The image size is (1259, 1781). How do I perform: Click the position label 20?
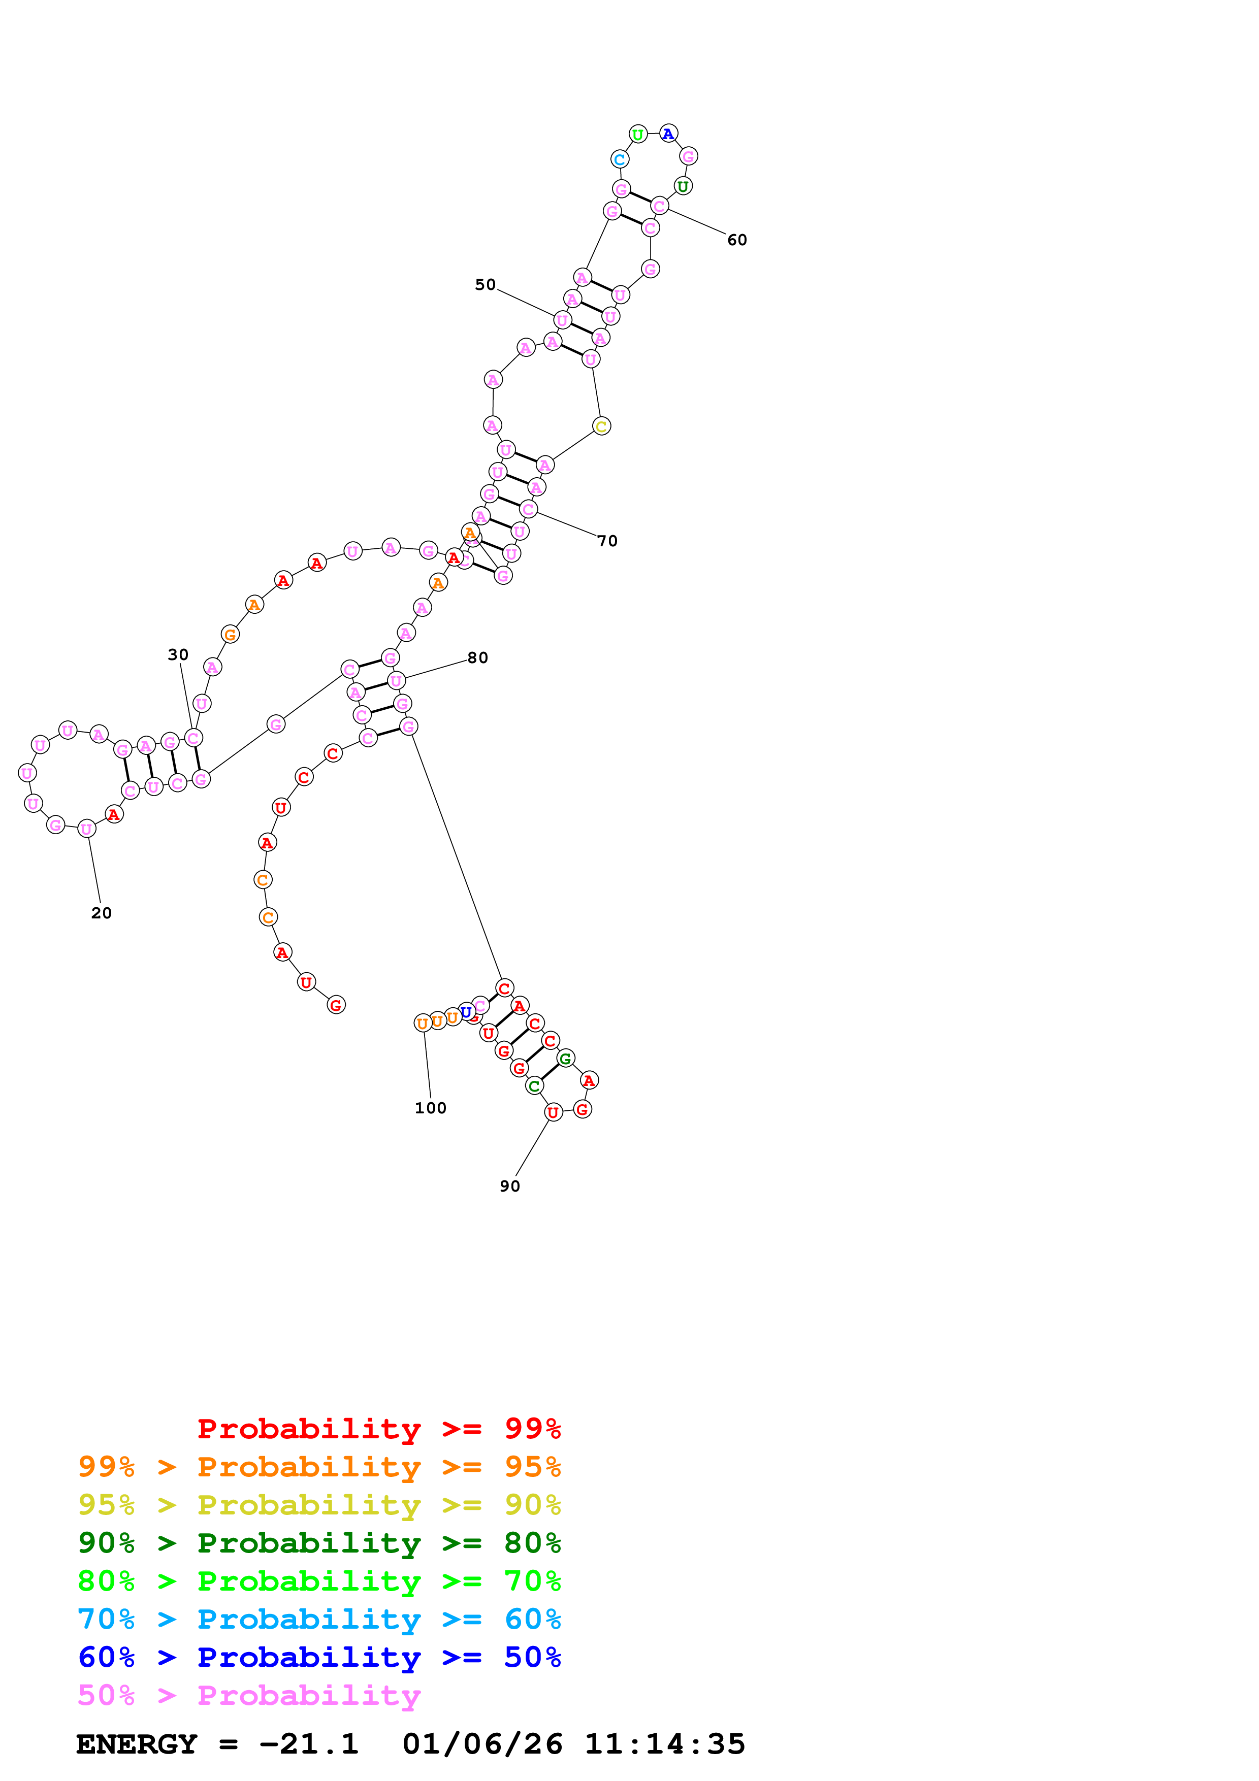click(101, 913)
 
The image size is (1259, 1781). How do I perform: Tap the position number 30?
click(178, 655)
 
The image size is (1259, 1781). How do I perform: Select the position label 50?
click(485, 285)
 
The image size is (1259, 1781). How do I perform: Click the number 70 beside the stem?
click(607, 541)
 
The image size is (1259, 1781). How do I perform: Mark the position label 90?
click(510, 1186)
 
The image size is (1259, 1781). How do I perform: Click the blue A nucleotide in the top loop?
click(668, 134)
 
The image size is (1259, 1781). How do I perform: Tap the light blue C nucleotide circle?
click(619, 160)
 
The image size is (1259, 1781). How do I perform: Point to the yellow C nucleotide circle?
click(601, 426)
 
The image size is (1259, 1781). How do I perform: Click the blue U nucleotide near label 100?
click(466, 1011)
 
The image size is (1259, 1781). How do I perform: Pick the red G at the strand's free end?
click(336, 1005)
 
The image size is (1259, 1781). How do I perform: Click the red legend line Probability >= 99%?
click(378, 1428)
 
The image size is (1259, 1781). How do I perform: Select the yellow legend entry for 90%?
click(319, 1505)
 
